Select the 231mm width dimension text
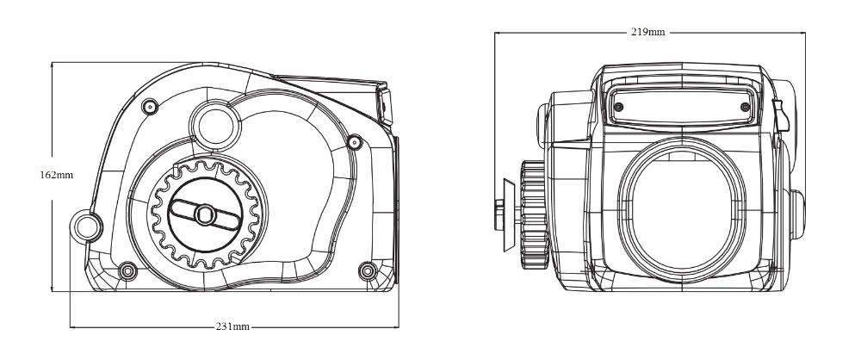[x=233, y=327]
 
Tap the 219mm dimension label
[x=647, y=32]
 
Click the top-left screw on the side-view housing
[x=151, y=106]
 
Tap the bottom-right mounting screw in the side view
[x=369, y=272]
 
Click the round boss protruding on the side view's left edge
[x=87, y=226]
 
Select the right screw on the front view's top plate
[x=744, y=106]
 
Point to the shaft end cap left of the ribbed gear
[x=500, y=214]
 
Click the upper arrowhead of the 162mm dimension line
[x=53, y=64]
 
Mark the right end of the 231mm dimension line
[x=398, y=327]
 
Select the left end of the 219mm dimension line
[x=495, y=32]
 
